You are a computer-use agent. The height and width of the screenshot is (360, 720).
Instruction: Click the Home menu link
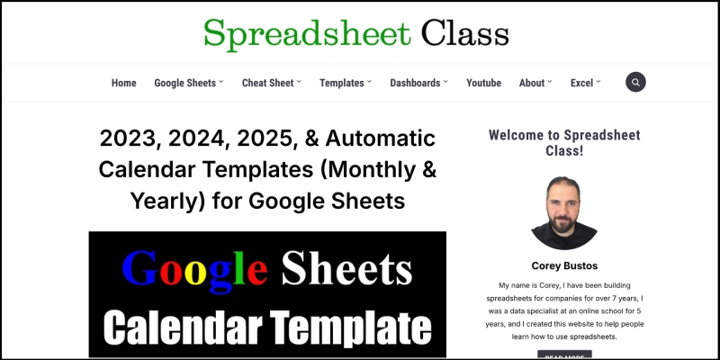click(x=123, y=83)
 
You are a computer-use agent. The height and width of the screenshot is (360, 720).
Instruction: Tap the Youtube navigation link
click(x=483, y=83)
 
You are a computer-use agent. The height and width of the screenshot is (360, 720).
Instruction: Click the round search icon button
click(x=635, y=82)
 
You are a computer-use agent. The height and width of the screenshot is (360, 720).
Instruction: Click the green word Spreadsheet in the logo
click(x=307, y=32)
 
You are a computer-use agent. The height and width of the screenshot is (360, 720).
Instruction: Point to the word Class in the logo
click(x=464, y=32)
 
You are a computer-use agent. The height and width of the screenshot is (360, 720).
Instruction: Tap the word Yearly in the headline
click(x=147, y=200)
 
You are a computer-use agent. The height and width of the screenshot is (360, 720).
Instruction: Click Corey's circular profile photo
click(x=564, y=213)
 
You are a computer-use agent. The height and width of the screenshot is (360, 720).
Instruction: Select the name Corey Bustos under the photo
click(x=564, y=265)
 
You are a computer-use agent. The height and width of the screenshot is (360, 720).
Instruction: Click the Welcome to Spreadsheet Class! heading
click(x=564, y=142)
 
